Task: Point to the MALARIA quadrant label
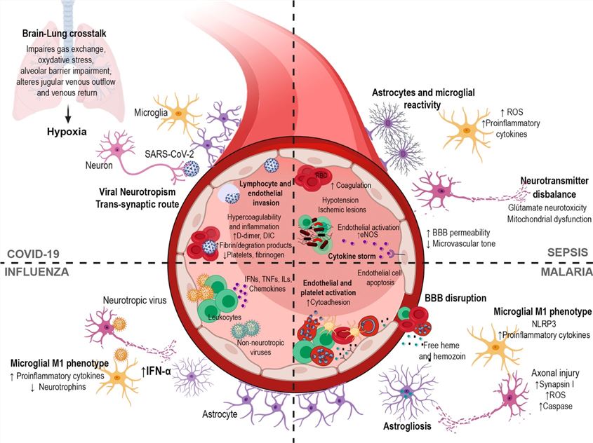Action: tap(565, 270)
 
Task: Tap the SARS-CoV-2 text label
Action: tap(170, 153)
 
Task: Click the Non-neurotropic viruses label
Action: tap(255, 348)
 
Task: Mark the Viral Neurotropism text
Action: tap(143, 191)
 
